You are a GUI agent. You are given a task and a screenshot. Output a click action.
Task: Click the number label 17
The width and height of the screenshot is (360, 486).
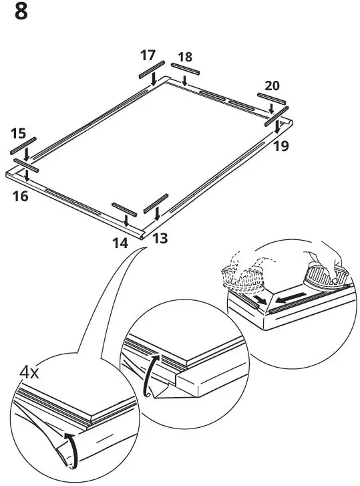point(148,55)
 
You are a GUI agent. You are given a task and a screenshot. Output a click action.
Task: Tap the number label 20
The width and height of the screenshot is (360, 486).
point(272,86)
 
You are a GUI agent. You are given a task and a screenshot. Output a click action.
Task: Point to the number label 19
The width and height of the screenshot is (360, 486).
point(281,146)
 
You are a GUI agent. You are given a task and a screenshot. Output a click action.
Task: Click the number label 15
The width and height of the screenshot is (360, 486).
point(19,134)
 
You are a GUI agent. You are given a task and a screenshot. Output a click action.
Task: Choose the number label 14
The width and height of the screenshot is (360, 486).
point(120,243)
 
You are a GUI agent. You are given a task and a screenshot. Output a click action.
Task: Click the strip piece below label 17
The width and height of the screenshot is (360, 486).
point(152,69)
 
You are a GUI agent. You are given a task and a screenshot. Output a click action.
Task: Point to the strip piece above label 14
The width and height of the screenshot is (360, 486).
point(125,209)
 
